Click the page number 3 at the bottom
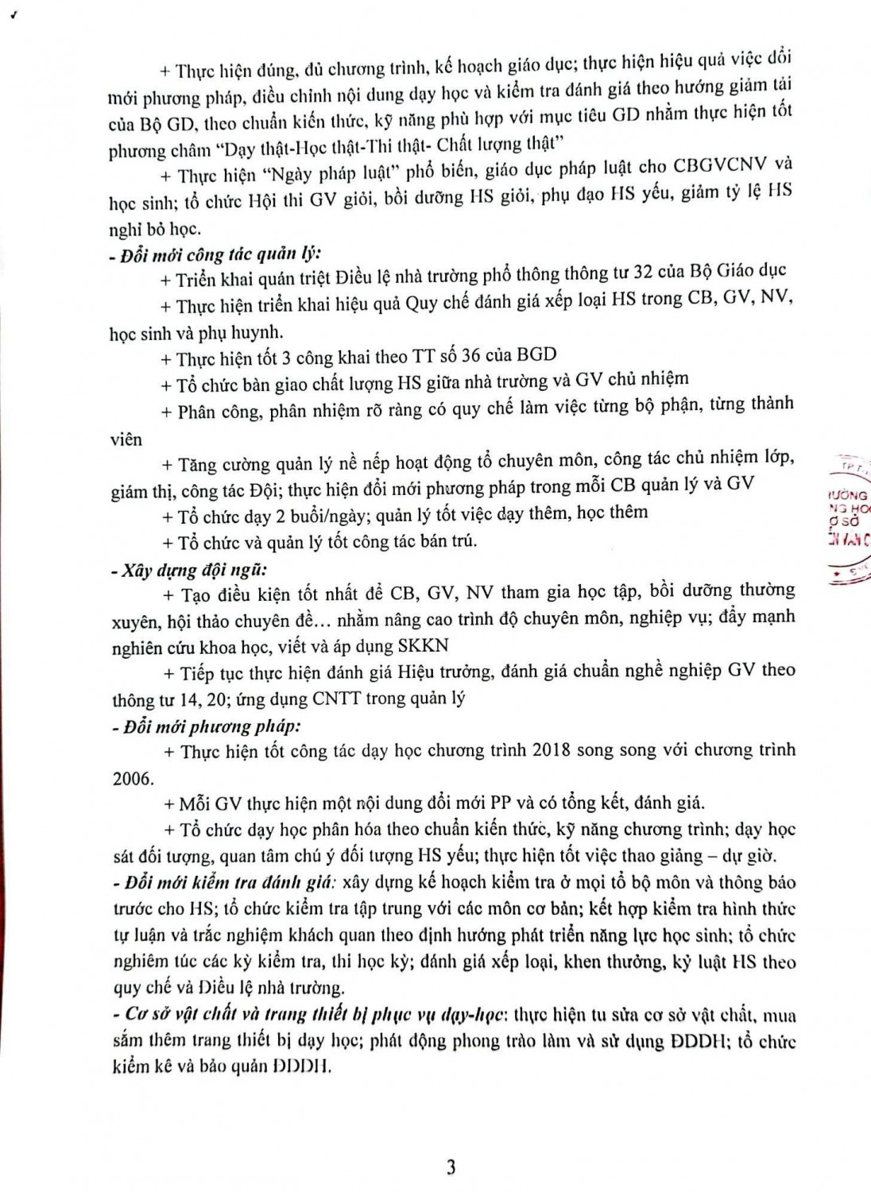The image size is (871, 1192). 451,1167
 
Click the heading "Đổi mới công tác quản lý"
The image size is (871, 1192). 218,254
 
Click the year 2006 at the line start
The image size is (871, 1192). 132,778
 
